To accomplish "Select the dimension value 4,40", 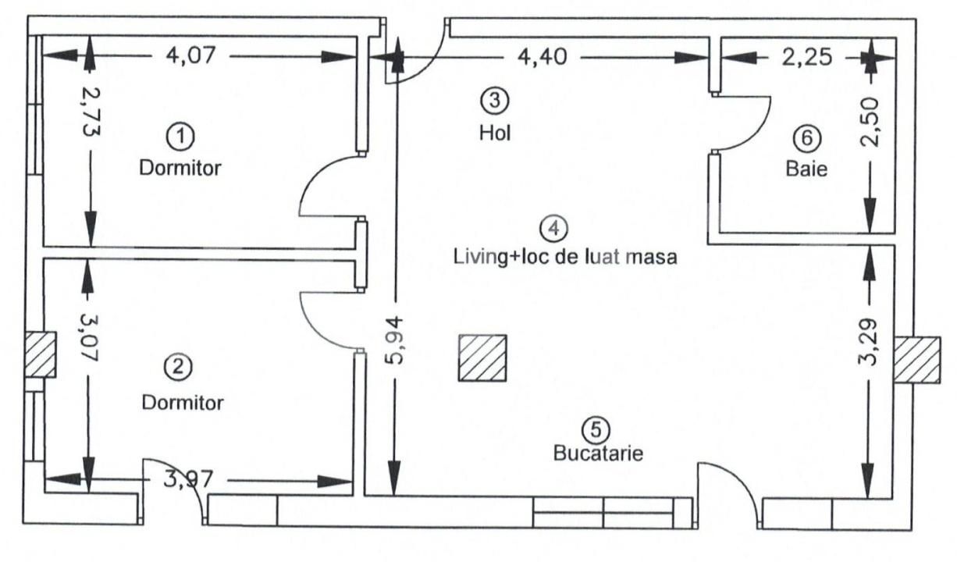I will pyautogui.click(x=540, y=56).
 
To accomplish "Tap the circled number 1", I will pyautogui.click(x=180, y=137).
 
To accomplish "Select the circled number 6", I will pyautogui.click(x=806, y=138).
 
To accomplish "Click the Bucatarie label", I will pyautogui.click(x=598, y=453).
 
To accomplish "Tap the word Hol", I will pyautogui.click(x=494, y=133).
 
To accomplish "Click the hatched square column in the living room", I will pyautogui.click(x=482, y=358).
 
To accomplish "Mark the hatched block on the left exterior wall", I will pyautogui.click(x=39, y=354).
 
